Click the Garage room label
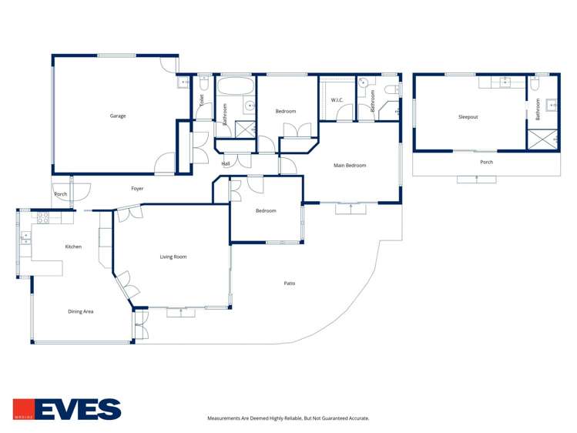tap(118, 116)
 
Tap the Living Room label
tap(173, 257)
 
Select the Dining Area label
tap(81, 311)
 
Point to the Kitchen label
tap(73, 247)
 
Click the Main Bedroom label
tap(350, 166)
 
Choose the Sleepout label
tap(468, 117)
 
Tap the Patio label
tap(290, 284)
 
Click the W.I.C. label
tap(337, 100)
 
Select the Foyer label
tap(137, 189)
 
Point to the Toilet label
tap(201, 101)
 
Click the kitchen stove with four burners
tap(43, 218)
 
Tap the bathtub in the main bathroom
tap(236, 86)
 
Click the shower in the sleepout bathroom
tap(543, 139)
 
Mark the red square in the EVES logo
tap(24, 409)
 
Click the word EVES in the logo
tap(78, 409)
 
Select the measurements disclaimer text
tap(288, 418)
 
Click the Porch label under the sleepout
tap(486, 162)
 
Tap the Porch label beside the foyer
tap(61, 194)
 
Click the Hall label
tap(226, 163)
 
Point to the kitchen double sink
tap(25, 237)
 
